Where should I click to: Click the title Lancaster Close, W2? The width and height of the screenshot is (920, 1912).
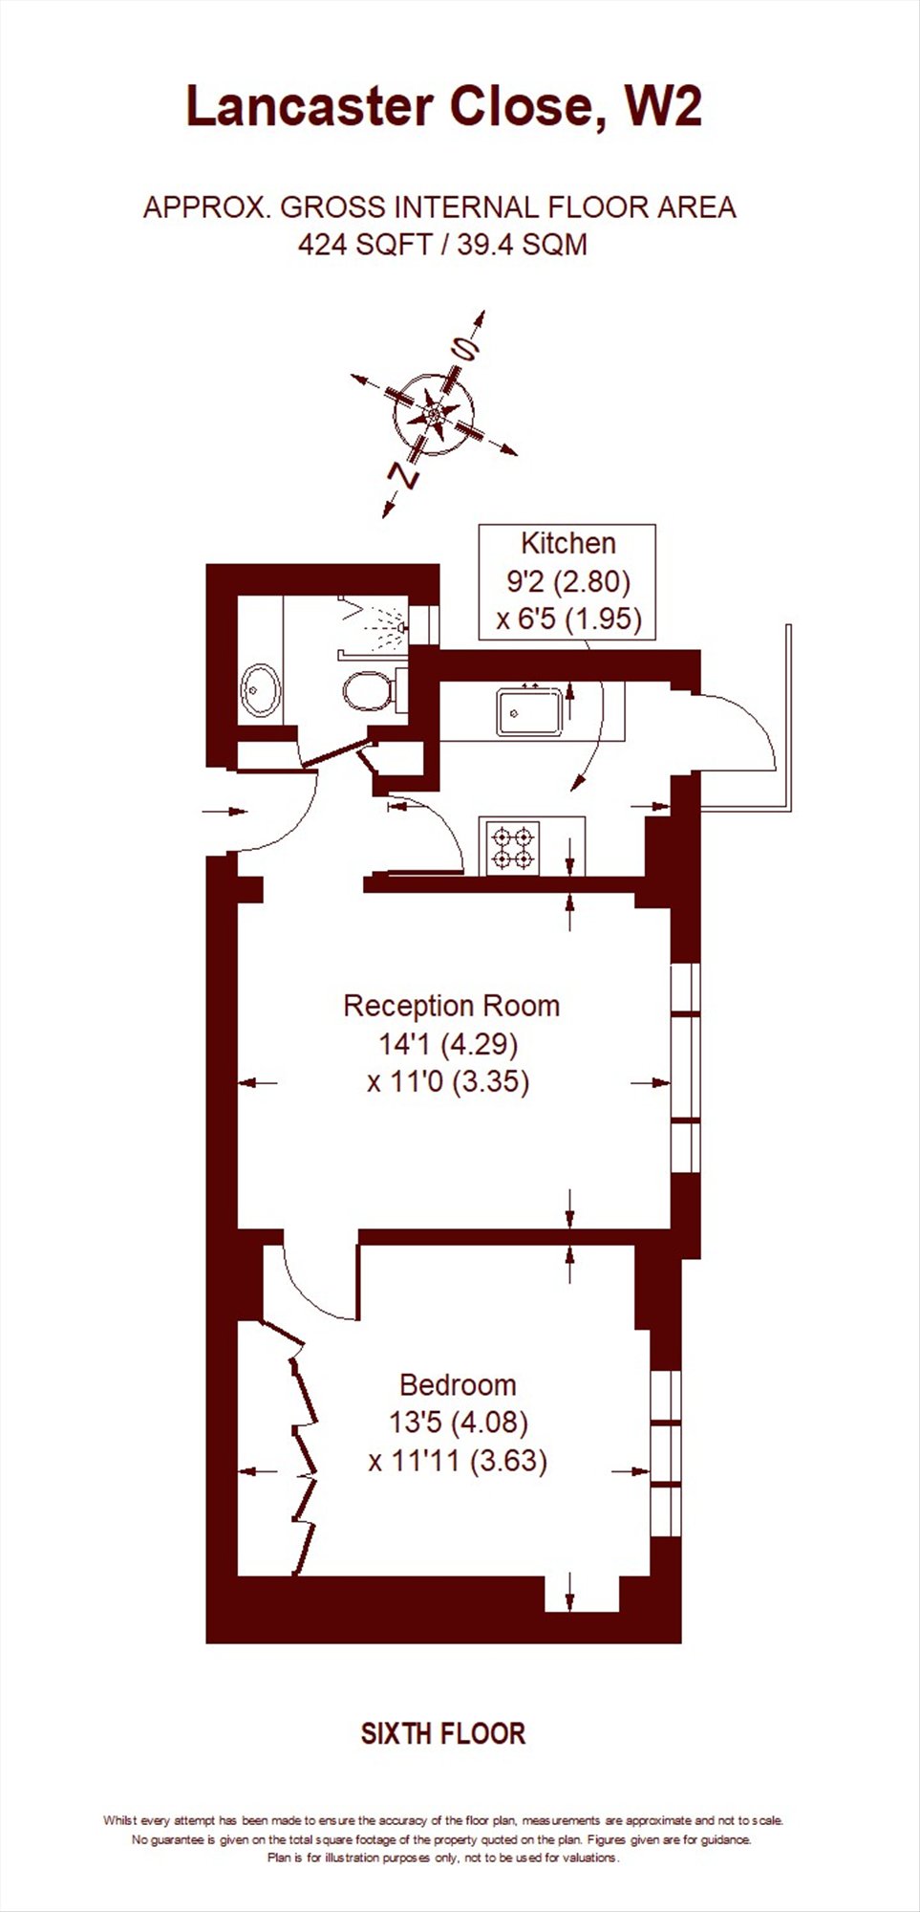pyautogui.click(x=443, y=107)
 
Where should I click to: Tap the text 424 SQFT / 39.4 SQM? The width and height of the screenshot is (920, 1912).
pyautogui.click(x=442, y=246)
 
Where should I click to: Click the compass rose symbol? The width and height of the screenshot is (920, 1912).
pyautogui.click(x=435, y=414)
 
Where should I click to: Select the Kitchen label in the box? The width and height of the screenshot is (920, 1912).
pyautogui.click(x=567, y=544)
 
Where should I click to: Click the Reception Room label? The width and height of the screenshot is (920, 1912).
pyautogui.click(x=451, y=1006)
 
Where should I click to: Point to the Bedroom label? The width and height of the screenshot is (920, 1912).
pyautogui.click(x=458, y=1384)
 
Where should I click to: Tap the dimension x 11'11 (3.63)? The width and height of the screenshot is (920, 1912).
pyautogui.click(x=458, y=1462)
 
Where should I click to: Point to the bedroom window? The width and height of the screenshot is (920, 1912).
pyautogui.click(x=666, y=1453)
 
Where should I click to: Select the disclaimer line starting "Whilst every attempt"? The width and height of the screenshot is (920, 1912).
pyautogui.click(x=443, y=1821)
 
